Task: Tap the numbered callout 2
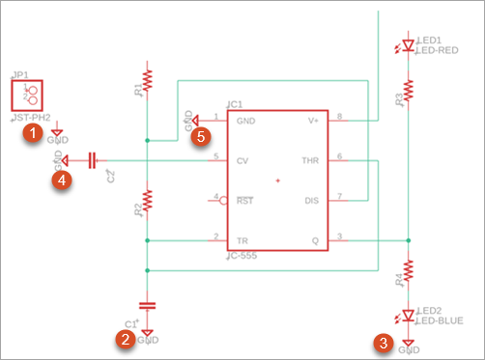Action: (125, 339)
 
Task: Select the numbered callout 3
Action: (384, 341)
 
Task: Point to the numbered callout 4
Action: (61, 179)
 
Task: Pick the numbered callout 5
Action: (200, 137)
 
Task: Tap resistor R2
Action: (147, 201)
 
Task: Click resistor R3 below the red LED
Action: (409, 90)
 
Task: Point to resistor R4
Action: (409, 267)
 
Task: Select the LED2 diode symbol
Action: (409, 316)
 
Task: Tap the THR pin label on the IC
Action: (309, 160)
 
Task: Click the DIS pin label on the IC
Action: (311, 200)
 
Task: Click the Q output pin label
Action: (315, 239)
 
